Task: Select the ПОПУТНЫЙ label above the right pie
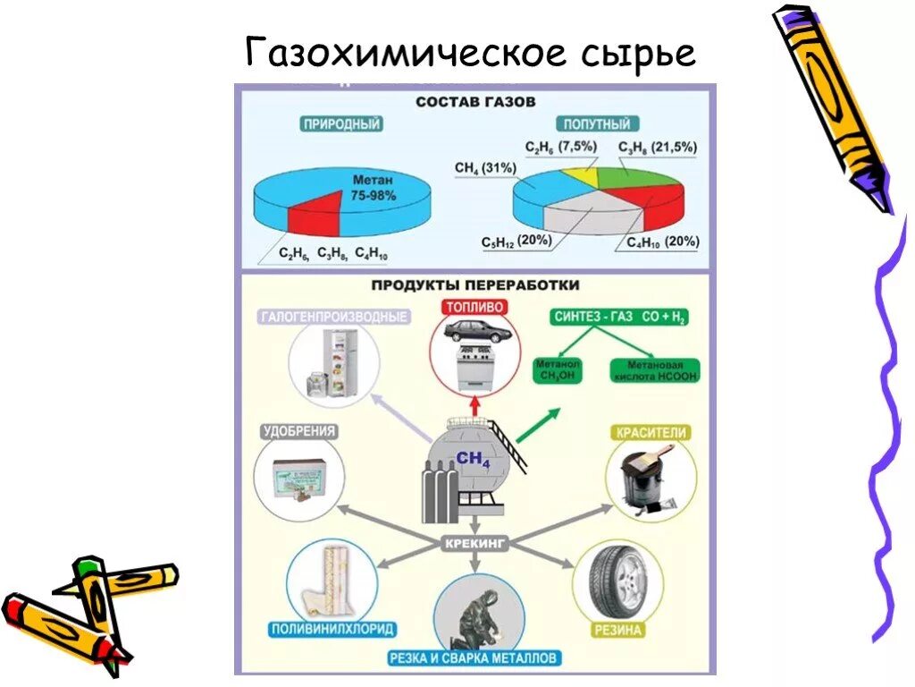tap(596, 124)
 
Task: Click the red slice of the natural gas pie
tap(314, 215)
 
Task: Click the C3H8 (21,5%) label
tap(658, 148)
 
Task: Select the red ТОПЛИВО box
tap(474, 306)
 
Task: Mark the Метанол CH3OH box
tap(558, 370)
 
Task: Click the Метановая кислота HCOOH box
tap(655, 370)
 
